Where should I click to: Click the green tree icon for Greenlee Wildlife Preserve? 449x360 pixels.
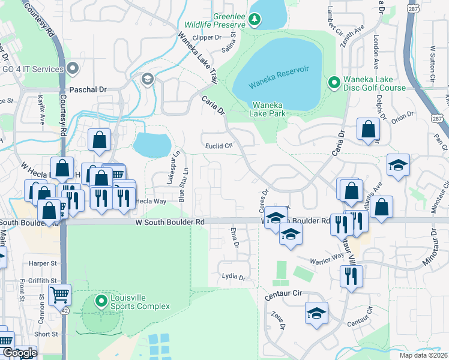255,20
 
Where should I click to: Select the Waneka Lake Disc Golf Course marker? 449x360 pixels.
333,81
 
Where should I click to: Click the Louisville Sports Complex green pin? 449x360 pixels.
101,300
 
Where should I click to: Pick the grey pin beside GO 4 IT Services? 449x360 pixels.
74,69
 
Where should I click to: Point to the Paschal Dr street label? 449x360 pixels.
88,89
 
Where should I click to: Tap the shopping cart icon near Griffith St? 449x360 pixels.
59,295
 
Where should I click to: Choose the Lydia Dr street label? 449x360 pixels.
234,278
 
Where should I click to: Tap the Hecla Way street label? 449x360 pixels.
151,202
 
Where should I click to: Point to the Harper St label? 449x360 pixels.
41,263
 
